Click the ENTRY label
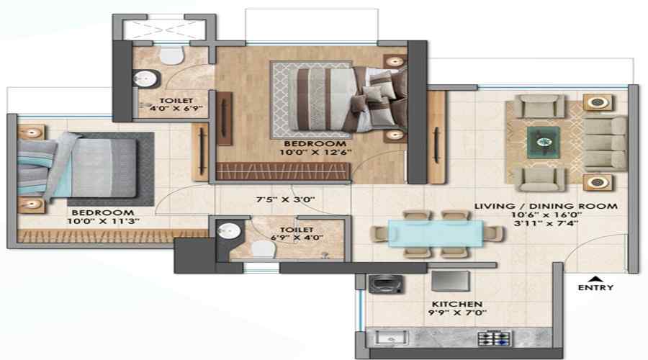click(x=595, y=287)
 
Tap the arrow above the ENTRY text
click(x=595, y=278)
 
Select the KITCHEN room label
click(x=456, y=304)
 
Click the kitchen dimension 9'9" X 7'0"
click(x=457, y=313)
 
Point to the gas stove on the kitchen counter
click(x=494, y=339)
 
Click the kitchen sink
click(x=391, y=338)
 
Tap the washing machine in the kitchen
click(x=386, y=284)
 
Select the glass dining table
click(x=435, y=233)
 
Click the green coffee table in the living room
click(x=544, y=142)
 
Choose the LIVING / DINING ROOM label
click(x=546, y=206)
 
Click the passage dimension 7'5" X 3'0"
click(x=286, y=199)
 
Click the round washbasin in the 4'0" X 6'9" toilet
click(x=145, y=78)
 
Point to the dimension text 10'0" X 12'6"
click(x=315, y=152)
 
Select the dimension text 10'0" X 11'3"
click(x=103, y=221)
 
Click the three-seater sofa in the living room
click(x=605, y=143)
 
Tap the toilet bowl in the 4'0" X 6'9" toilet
click(x=172, y=55)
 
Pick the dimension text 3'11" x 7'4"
click(x=546, y=224)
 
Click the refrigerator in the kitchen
click(x=451, y=281)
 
